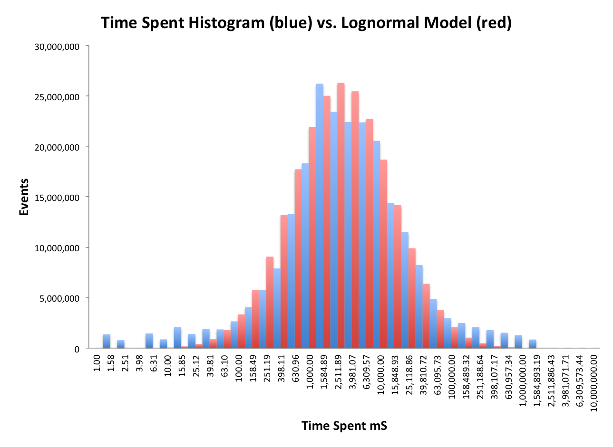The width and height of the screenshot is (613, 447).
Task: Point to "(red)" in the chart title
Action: [x=493, y=23]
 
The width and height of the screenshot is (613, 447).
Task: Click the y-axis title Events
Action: [x=24, y=197]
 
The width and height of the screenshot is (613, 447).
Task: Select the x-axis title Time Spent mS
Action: [x=344, y=426]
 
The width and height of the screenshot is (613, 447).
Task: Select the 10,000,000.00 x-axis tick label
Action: [x=594, y=380]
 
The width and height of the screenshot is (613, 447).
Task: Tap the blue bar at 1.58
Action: [x=107, y=342]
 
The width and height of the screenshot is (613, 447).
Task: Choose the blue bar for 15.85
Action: [x=177, y=338]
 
